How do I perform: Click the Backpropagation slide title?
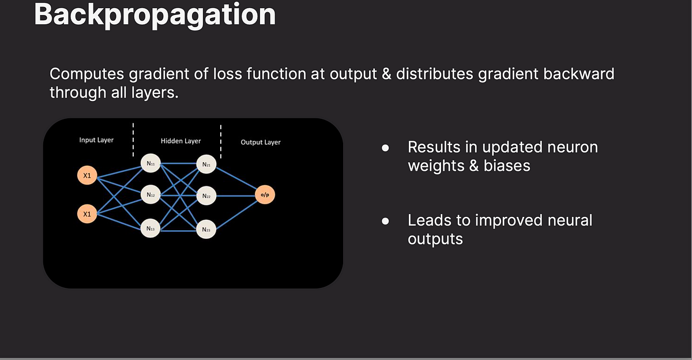(155, 15)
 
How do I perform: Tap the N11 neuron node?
(151, 163)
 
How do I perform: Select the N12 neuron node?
(151, 194)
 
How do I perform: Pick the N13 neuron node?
(151, 228)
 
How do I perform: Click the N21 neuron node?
(206, 164)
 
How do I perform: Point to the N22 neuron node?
(206, 196)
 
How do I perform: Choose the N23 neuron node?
(206, 229)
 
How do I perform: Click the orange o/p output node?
(265, 194)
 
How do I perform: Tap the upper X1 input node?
(87, 175)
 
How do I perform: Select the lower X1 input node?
(87, 214)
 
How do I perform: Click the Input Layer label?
(96, 140)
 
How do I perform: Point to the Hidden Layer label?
(180, 141)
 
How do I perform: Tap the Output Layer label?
(261, 142)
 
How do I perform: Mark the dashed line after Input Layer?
(133, 140)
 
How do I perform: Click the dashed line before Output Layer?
(220, 142)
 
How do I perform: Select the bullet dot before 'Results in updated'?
(385, 148)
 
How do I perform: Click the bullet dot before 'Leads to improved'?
(385, 222)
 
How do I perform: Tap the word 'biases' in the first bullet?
(507, 166)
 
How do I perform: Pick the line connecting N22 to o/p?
(235, 196)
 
